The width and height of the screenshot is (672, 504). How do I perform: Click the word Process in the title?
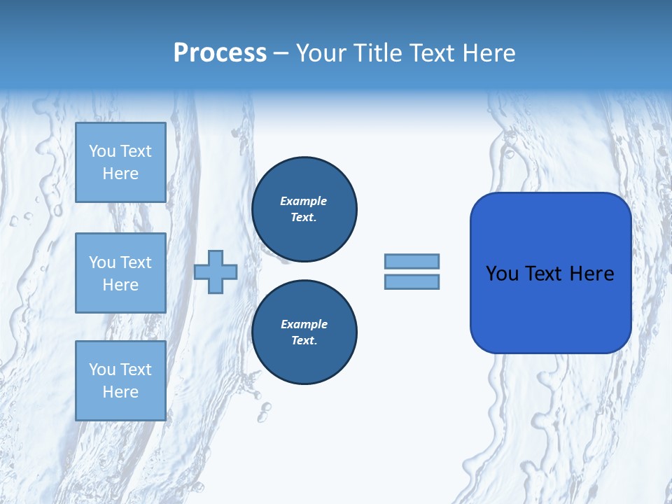(220, 53)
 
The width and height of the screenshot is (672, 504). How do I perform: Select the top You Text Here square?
(120, 162)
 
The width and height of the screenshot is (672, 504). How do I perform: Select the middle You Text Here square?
(120, 273)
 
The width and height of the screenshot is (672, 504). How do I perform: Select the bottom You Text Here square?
(120, 381)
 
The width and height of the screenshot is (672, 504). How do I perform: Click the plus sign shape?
(216, 272)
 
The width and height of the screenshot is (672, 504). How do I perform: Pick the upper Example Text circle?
(304, 209)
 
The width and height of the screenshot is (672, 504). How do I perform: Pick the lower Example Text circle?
(304, 332)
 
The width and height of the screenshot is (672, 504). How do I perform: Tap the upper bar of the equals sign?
(412, 261)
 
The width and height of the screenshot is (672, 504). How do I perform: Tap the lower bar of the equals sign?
(412, 281)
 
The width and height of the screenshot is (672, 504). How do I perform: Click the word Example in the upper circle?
(304, 201)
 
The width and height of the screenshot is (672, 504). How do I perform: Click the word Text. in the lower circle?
(304, 341)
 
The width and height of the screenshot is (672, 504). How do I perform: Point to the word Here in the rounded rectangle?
(591, 274)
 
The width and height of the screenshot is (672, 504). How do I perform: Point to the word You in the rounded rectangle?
(503, 274)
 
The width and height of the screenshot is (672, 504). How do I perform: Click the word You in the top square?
(102, 151)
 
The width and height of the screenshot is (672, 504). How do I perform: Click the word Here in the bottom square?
(120, 392)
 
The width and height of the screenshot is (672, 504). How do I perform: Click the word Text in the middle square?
(135, 262)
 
